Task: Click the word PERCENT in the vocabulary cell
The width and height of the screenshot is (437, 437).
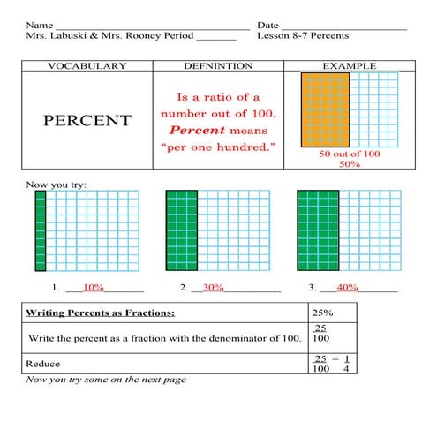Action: pyautogui.click(x=87, y=120)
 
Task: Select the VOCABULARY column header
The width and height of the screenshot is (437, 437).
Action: pyautogui.click(x=87, y=66)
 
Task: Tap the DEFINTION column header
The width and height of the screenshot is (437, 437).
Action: pyautogui.click(x=218, y=66)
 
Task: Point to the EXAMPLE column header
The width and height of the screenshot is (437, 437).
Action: pyautogui.click(x=349, y=66)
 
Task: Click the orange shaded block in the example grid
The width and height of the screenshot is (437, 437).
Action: pyautogui.click(x=325, y=109)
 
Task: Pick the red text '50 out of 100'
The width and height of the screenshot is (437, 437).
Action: pyautogui.click(x=350, y=154)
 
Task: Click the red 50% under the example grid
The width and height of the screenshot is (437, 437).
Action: pyautogui.click(x=350, y=164)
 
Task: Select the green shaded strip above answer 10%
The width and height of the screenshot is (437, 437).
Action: pyautogui.click(x=40, y=230)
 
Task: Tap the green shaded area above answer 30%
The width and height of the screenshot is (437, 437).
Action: pyautogui.click(x=181, y=230)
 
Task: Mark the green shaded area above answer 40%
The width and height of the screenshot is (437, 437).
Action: pyautogui.click(x=317, y=230)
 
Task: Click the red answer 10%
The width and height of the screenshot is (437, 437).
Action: pyautogui.click(x=94, y=288)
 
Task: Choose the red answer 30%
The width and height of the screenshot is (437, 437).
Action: pyautogui.click(x=214, y=288)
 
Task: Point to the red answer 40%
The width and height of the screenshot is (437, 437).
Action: pyautogui.click(x=347, y=288)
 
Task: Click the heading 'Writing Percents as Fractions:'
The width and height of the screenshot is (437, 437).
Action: pyautogui.click(x=100, y=313)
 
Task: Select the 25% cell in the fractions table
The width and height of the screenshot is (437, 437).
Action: pyautogui.click(x=322, y=313)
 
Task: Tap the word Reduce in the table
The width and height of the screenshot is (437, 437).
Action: pyautogui.click(x=42, y=363)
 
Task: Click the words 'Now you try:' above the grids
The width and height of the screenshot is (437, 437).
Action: pyautogui.click(x=57, y=185)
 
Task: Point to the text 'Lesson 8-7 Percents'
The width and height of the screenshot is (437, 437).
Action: pyautogui.click(x=303, y=35)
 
